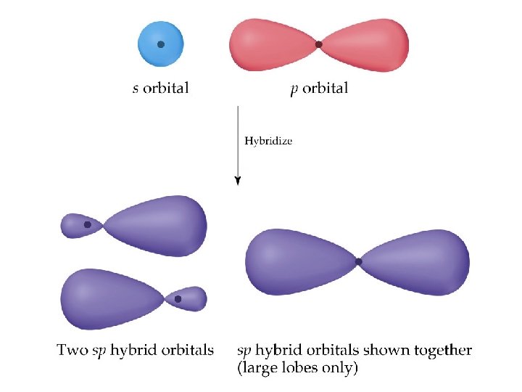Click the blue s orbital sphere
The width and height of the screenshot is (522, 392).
tap(151, 52)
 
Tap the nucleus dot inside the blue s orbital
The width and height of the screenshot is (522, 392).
tap(161, 44)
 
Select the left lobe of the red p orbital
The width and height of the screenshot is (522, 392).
tap(272, 44)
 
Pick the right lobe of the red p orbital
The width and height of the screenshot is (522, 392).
tap(366, 45)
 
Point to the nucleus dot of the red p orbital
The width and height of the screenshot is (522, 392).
tap(319, 44)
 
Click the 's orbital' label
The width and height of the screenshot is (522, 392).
tap(161, 89)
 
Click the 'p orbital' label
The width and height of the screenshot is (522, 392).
tap(318, 89)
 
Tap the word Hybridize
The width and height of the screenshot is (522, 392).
tap(268, 141)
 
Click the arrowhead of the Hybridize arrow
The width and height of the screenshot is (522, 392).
tap(237, 181)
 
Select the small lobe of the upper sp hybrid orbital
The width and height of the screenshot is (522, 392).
tap(78, 226)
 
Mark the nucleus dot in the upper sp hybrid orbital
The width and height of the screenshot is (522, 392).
tap(88, 225)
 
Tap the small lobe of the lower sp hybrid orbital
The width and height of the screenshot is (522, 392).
tap(189, 298)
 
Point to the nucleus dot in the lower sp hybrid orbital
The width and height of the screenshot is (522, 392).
tap(178, 298)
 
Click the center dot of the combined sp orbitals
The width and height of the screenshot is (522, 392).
tap(358, 261)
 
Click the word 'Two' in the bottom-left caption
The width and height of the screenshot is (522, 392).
tap(72, 351)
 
